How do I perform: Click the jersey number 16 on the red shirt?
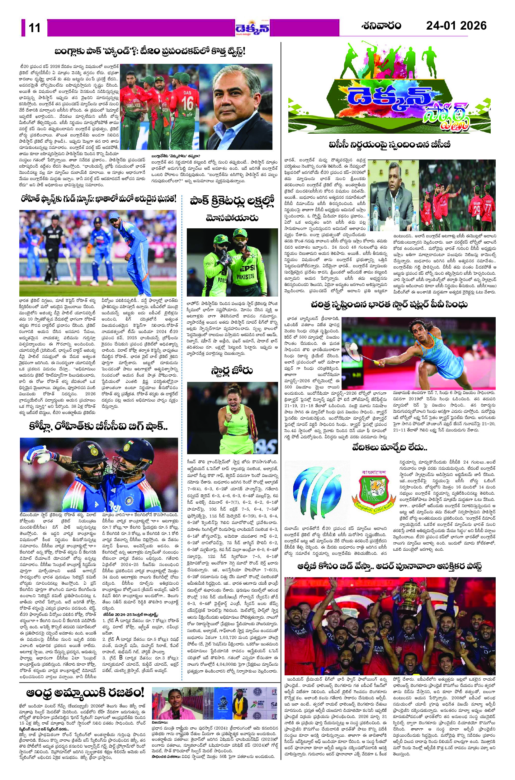tap(187, 103)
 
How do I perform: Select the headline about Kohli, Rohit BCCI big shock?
tap(98, 427)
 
